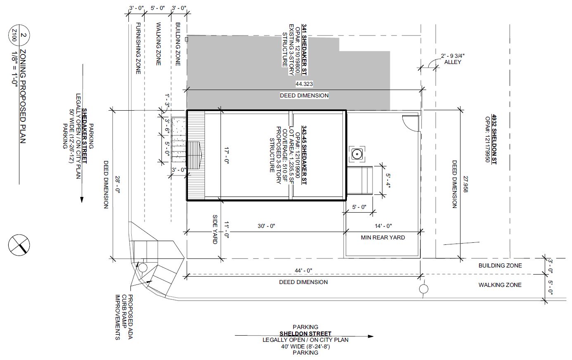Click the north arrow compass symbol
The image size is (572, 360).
19,244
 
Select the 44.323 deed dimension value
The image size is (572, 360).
304,84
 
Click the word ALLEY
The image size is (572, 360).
453,62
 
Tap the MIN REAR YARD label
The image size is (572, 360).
383,237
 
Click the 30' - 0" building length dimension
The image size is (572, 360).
266,226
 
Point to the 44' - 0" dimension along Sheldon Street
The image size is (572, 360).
304,270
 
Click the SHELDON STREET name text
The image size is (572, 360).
305,334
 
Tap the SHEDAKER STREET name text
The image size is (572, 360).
84,136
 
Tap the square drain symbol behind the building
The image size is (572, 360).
356,154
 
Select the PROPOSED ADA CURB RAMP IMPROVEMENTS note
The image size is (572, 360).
123,317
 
